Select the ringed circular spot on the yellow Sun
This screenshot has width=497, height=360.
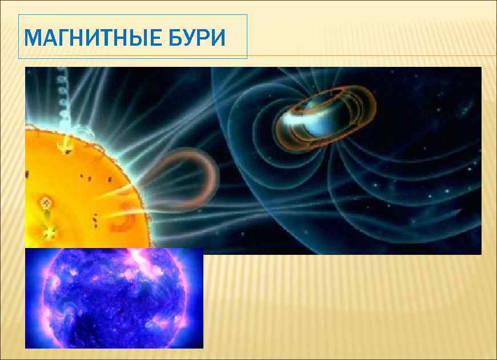pos(45,203)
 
